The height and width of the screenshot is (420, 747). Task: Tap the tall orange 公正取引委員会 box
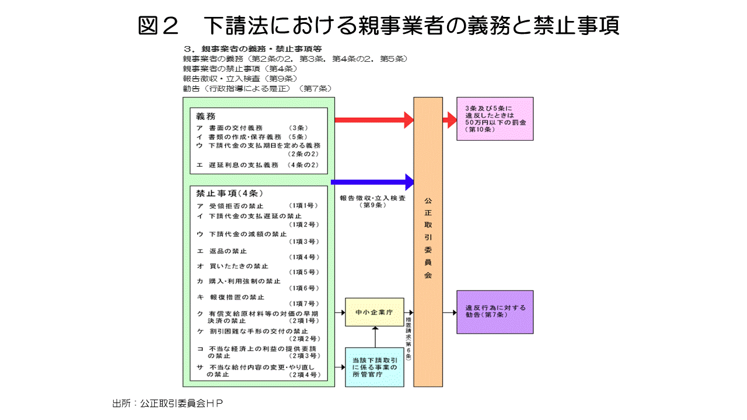click(x=428, y=242)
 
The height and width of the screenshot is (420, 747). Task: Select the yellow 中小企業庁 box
click(x=374, y=313)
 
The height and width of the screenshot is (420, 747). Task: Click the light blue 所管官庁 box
click(x=374, y=367)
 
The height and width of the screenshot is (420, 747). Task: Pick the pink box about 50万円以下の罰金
click(x=494, y=119)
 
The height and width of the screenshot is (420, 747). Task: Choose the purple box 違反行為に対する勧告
click(x=494, y=312)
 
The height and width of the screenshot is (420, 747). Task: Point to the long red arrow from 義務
click(x=373, y=120)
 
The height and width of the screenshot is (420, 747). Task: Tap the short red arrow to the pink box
click(x=449, y=120)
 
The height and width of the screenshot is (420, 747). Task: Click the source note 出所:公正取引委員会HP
click(x=168, y=403)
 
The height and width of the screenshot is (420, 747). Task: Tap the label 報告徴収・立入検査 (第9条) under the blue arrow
click(x=372, y=202)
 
